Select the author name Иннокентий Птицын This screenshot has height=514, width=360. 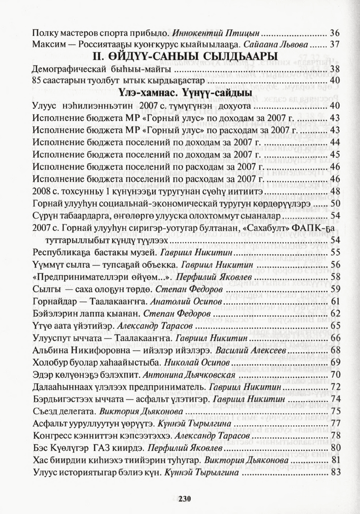pos(217,33)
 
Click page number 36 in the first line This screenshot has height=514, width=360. pos(335,33)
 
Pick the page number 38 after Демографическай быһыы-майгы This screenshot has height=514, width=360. pos(335,69)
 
